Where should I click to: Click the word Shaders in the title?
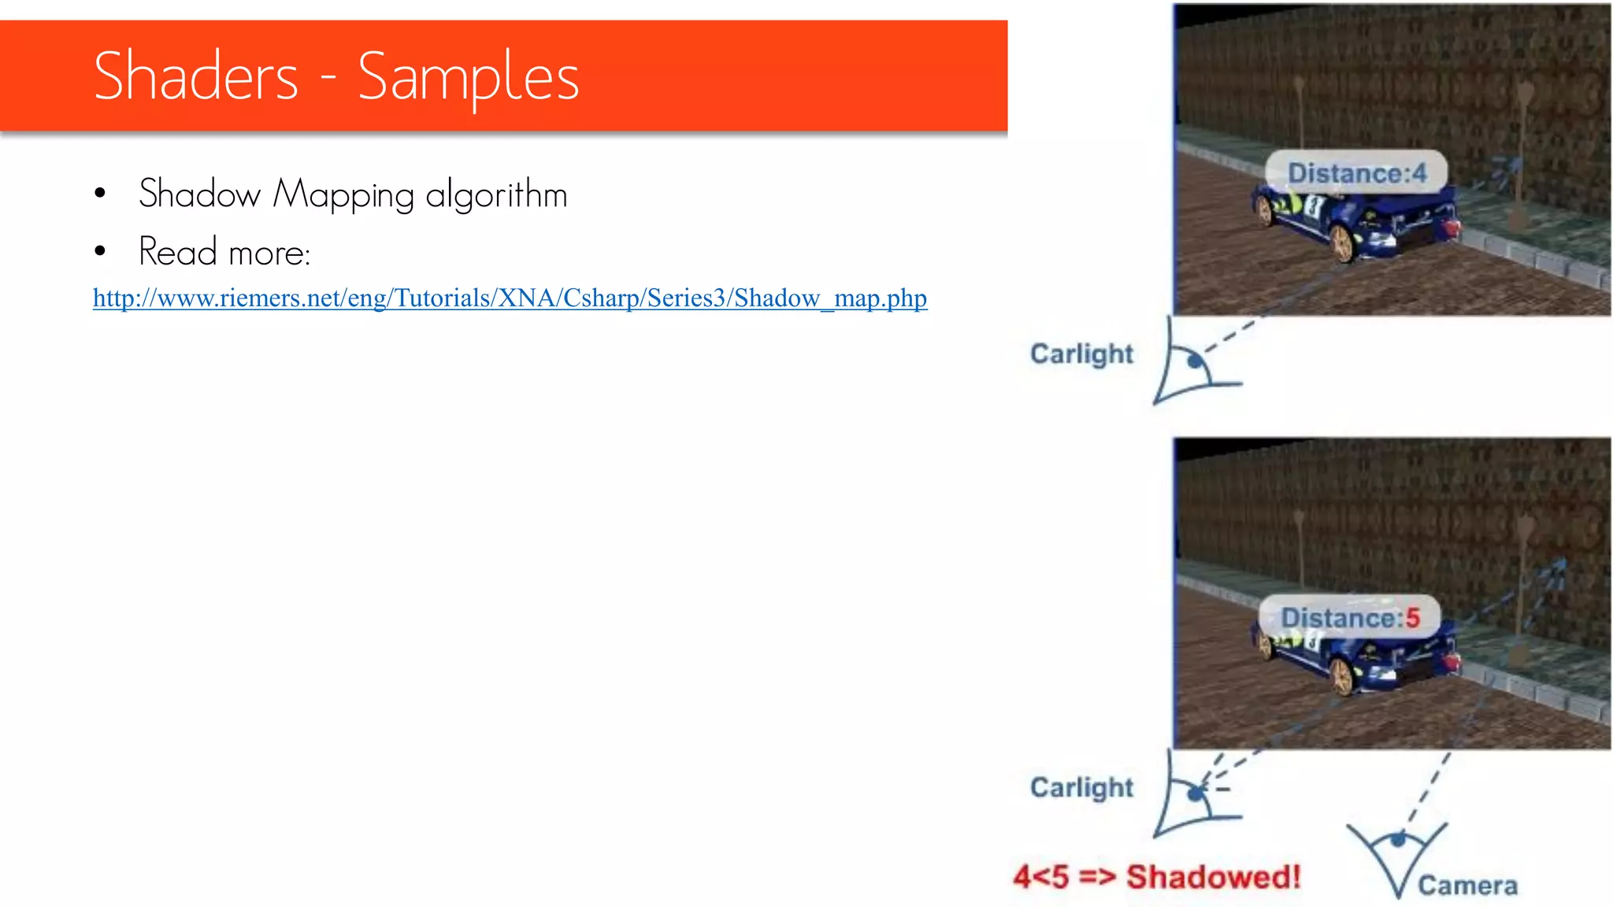click(196, 76)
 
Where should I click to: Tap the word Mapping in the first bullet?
click(343, 195)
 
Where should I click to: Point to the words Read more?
click(224, 253)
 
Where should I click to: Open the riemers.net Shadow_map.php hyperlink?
click(510, 298)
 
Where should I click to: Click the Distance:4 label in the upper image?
click(1356, 173)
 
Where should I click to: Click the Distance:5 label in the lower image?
click(1350, 618)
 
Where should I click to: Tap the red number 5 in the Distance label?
click(1412, 618)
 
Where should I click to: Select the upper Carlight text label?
click(1081, 354)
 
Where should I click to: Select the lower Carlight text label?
click(1081, 787)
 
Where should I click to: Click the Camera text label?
click(1467, 886)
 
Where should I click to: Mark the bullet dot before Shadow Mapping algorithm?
click(100, 194)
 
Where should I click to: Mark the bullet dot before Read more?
click(100, 252)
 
